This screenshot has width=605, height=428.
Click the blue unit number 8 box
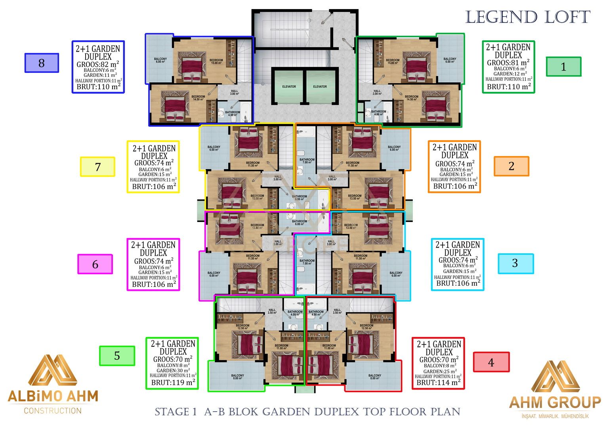pyautogui.click(x=42, y=63)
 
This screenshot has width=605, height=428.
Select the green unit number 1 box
pyautogui.click(x=563, y=67)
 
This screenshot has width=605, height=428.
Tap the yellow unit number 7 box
pyautogui.click(x=97, y=167)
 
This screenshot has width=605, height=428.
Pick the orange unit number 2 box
pyautogui.click(x=511, y=166)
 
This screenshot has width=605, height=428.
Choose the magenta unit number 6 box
pyautogui.click(x=95, y=264)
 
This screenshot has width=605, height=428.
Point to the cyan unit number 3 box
pyautogui.click(x=515, y=263)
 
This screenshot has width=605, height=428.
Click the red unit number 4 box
pyautogui.click(x=491, y=362)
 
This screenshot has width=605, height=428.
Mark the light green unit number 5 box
pyautogui.click(x=117, y=355)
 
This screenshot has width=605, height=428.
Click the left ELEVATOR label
pyautogui.click(x=289, y=86)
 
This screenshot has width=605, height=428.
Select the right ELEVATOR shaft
pyautogui.click(x=320, y=86)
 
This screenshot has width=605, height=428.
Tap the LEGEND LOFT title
pyautogui.click(x=528, y=17)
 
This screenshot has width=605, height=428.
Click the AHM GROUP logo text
pyautogui.click(x=555, y=403)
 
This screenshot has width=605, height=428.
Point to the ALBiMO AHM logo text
pyautogui.click(x=53, y=396)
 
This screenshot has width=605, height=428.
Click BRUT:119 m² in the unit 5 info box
pyautogui.click(x=173, y=382)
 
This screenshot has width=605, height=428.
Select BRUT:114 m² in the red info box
pyautogui.click(x=438, y=382)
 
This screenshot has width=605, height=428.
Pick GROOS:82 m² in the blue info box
pyautogui.click(x=98, y=64)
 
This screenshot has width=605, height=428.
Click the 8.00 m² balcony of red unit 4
pyautogui.click(x=374, y=376)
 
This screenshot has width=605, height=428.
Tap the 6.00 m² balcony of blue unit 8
pyautogui.click(x=160, y=60)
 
